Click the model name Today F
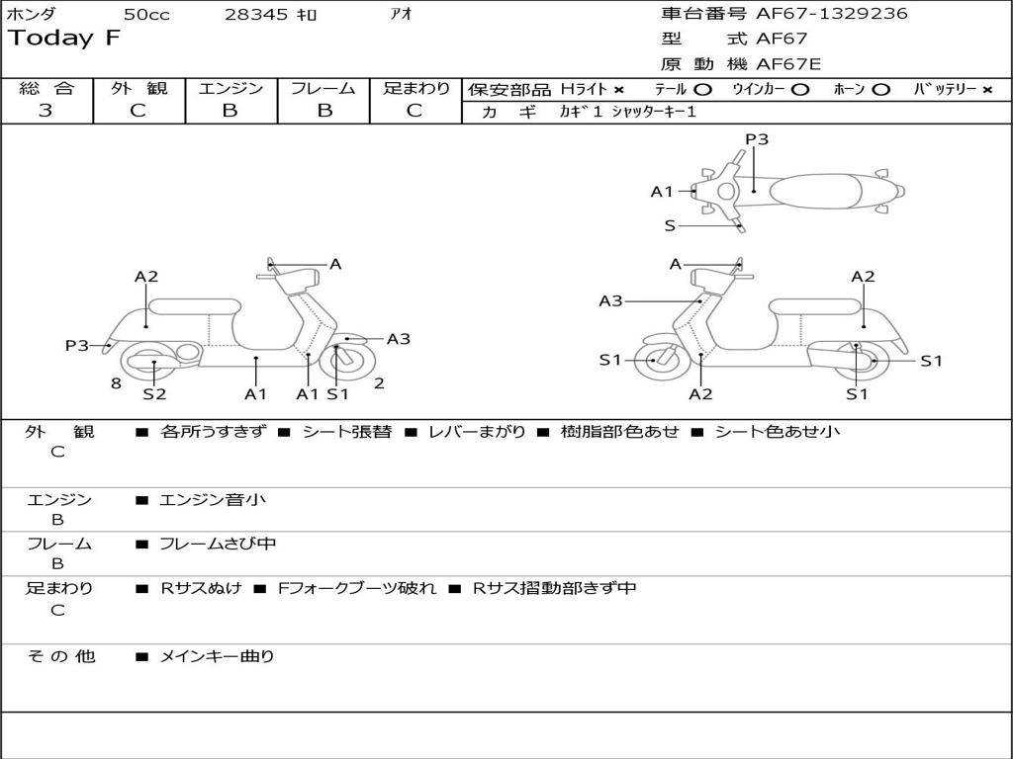tap(64, 39)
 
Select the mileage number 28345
tap(257, 14)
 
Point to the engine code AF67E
tap(788, 65)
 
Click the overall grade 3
tap(46, 111)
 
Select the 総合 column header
tap(46, 88)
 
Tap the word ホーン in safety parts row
tap(849, 89)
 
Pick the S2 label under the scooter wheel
tap(154, 394)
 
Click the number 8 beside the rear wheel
tap(116, 383)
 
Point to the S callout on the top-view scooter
tap(670, 225)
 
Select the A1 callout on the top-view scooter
tap(662, 192)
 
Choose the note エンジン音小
tap(213, 500)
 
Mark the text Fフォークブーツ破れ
tap(357, 588)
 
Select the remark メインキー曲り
tap(217, 656)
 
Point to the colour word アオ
tap(402, 14)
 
